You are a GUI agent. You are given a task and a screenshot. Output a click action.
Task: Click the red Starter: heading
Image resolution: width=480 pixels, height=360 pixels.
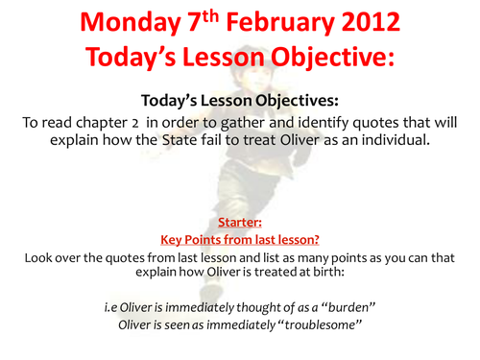[x=240, y=221]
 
